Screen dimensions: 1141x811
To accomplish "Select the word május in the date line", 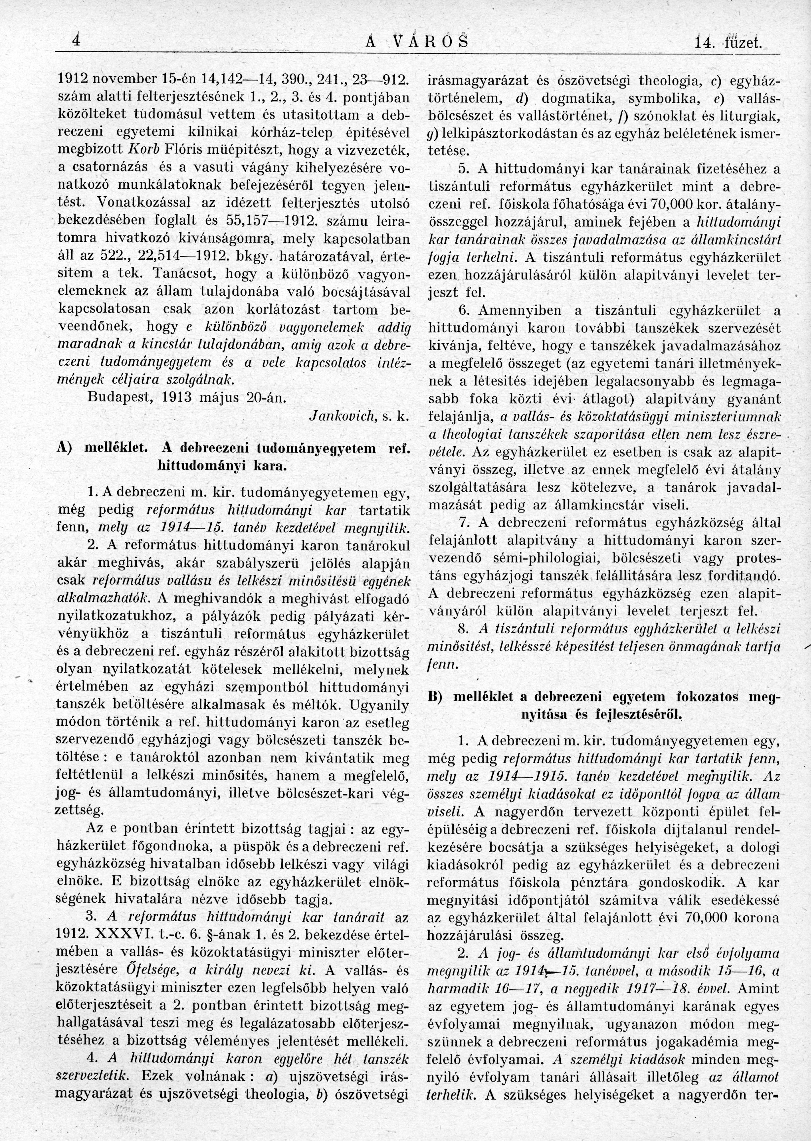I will [x=230, y=399].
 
